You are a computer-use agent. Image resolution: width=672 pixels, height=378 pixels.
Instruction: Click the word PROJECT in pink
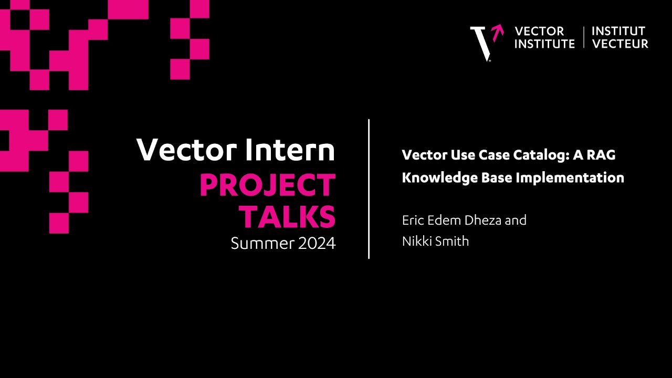pyautogui.click(x=267, y=186)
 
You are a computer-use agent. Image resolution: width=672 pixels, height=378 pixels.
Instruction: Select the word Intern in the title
pyautogui.click(x=290, y=150)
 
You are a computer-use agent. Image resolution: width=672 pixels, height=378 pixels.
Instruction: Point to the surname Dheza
pyautogui.click(x=480, y=220)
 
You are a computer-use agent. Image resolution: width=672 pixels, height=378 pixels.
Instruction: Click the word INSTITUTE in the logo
pyautogui.click(x=544, y=44)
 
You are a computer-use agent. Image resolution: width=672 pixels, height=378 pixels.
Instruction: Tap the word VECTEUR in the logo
pyautogui.click(x=620, y=44)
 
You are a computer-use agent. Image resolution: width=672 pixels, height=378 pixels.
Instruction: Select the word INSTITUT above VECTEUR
pyautogui.click(x=618, y=31)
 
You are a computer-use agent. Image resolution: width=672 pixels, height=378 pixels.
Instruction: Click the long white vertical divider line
pyautogui.click(x=369, y=189)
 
